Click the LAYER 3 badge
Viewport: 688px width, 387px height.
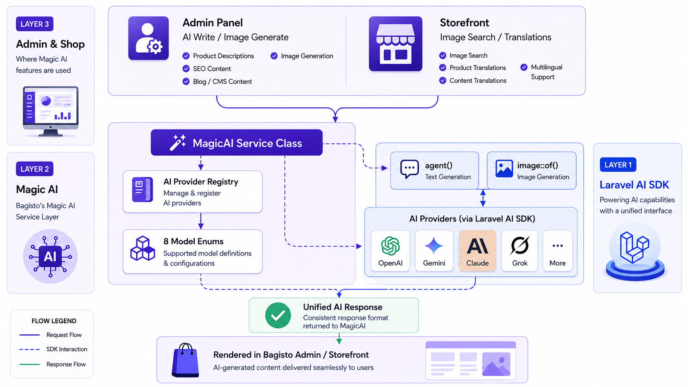pos(35,24)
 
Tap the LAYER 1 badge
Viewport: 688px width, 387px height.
pos(618,165)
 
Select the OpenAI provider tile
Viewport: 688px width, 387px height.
pos(390,251)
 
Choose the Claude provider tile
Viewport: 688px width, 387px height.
pos(477,251)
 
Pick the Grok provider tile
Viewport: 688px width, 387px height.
pos(519,251)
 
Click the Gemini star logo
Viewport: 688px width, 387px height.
pos(434,246)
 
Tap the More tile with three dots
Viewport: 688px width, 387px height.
pos(558,251)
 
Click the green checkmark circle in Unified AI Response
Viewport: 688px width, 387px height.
pos(278,315)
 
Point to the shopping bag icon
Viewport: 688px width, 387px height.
pos(185,360)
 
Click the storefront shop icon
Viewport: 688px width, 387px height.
pos(395,44)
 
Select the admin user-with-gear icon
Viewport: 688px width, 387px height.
pos(149,38)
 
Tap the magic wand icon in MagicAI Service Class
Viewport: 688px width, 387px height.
pos(178,142)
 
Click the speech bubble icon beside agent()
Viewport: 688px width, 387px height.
pos(409,169)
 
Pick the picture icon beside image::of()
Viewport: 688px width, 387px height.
pos(504,169)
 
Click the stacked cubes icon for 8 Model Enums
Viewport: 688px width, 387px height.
pos(142,248)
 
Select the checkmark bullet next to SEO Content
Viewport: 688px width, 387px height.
pos(186,68)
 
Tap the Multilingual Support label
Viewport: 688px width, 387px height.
pos(546,72)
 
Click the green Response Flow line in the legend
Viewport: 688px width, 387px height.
pos(30,364)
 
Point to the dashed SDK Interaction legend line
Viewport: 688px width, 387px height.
pos(30,349)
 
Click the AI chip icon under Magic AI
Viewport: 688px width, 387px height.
pos(50,256)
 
